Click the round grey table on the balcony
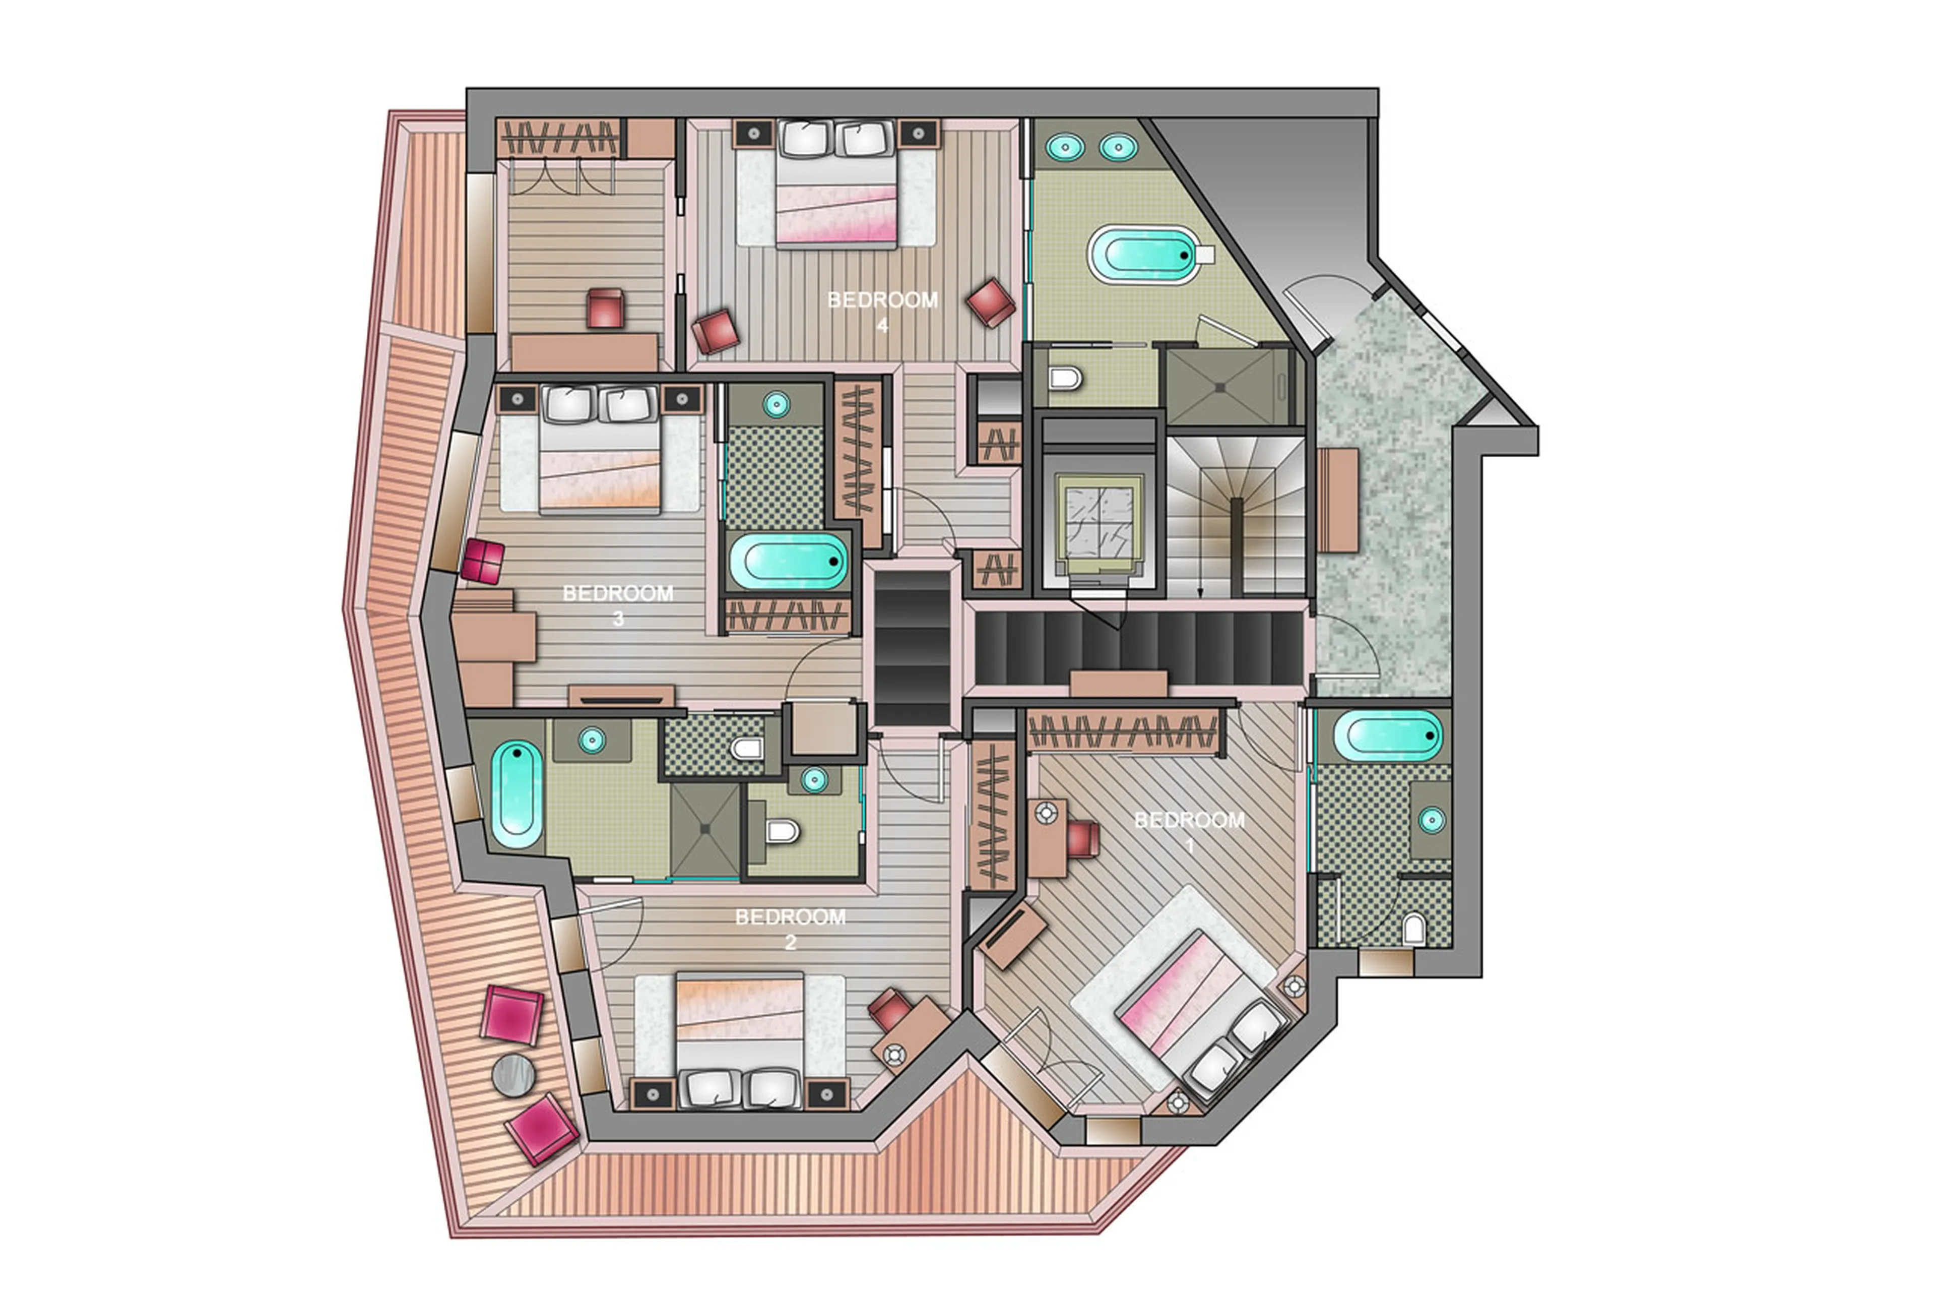(513, 1074)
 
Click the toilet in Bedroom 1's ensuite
(1413, 929)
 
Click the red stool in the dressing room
(605, 308)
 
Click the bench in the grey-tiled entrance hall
(1337, 500)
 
